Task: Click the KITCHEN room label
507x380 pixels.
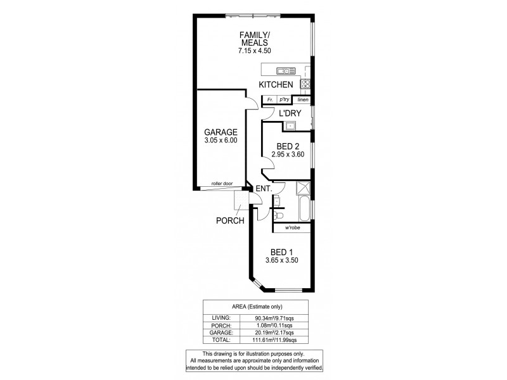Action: (x=276, y=84)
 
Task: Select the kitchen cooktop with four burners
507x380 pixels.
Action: (x=305, y=84)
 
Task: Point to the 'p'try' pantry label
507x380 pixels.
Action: (x=285, y=99)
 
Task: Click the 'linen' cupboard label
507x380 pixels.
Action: (x=302, y=99)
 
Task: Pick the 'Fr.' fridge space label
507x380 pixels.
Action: (x=269, y=99)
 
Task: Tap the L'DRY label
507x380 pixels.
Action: (x=290, y=113)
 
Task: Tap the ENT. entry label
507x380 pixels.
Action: (x=264, y=188)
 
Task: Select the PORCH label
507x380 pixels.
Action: (x=229, y=221)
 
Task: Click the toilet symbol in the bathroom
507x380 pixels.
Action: (x=278, y=215)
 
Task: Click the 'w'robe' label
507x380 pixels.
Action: (x=292, y=227)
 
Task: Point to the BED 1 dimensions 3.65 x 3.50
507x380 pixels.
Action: (x=283, y=260)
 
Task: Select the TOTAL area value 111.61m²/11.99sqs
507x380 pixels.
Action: (x=276, y=339)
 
